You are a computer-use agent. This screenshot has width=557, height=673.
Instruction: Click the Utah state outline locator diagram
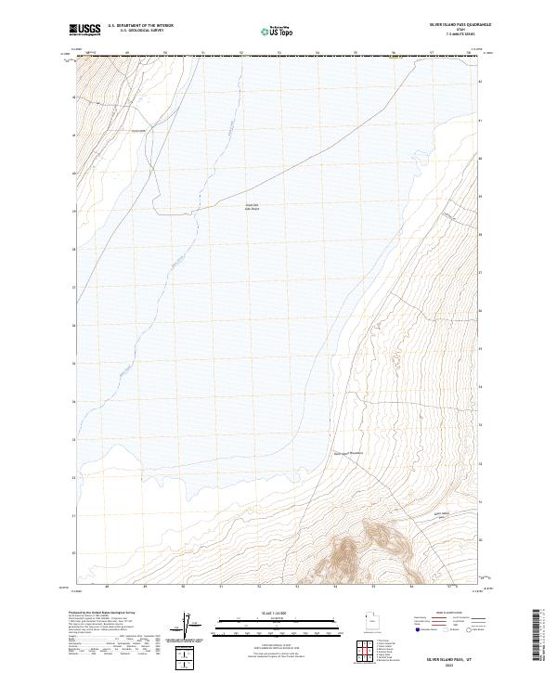[370, 623]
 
